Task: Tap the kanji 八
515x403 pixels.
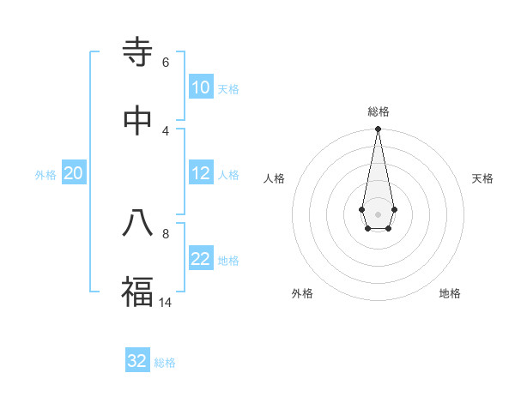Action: (x=137, y=223)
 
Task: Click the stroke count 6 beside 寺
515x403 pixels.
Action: (x=166, y=63)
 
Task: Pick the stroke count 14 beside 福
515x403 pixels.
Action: (x=167, y=302)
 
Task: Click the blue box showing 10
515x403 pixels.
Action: (x=201, y=87)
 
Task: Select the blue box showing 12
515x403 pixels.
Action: (x=201, y=173)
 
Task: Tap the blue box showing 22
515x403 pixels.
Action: (x=201, y=259)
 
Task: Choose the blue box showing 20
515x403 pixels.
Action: (x=73, y=173)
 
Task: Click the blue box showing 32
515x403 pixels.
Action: (x=137, y=361)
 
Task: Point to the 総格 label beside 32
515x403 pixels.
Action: (x=165, y=363)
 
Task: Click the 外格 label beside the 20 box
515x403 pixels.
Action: (x=45, y=175)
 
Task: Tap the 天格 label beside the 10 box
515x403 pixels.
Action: (x=228, y=89)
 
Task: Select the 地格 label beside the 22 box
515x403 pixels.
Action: (x=228, y=261)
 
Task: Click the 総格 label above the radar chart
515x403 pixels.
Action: (x=379, y=111)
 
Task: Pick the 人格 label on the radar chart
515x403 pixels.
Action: (x=275, y=178)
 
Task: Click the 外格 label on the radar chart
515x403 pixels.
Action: (x=302, y=293)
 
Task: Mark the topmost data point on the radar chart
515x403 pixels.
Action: (x=378, y=129)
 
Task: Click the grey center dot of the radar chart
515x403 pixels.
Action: (x=378, y=213)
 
